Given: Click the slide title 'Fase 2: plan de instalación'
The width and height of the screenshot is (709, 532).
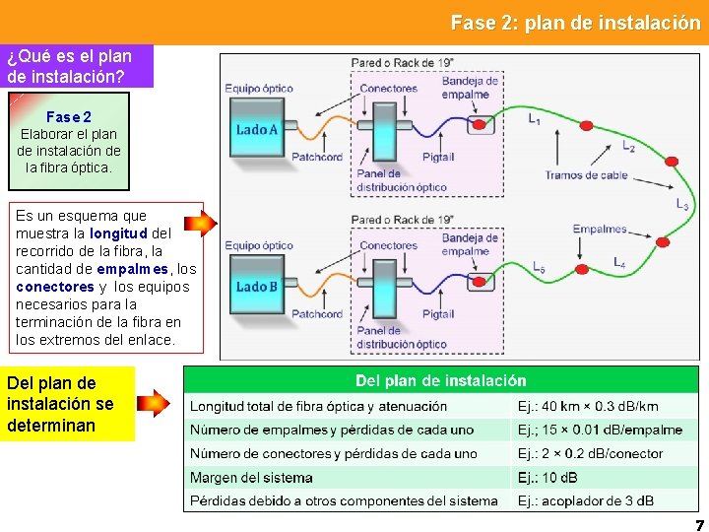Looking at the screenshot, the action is (575, 23).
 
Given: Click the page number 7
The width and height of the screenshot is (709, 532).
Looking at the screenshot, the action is (699, 525).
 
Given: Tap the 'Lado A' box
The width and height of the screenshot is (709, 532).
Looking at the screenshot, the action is (257, 129).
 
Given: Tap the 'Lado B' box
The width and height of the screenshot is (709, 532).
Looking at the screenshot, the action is (257, 287).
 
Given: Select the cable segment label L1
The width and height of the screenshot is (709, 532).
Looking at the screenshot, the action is (534, 120).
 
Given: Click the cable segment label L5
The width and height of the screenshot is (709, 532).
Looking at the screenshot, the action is (539, 267).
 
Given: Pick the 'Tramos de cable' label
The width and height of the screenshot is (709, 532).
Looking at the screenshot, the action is (586, 175).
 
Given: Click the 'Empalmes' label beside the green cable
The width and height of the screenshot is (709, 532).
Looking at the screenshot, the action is (600, 230).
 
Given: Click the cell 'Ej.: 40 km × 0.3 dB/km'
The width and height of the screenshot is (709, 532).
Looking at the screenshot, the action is (588, 406).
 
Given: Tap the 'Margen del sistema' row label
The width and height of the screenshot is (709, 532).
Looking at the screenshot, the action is (251, 478).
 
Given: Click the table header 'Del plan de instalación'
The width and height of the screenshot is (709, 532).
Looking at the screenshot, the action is (440, 380).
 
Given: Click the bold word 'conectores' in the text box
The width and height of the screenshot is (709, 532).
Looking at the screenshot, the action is (55, 287).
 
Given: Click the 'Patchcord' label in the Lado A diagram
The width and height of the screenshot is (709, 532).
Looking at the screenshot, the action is (316, 157).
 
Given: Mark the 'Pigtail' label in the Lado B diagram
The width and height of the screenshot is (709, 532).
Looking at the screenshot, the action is (438, 314).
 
